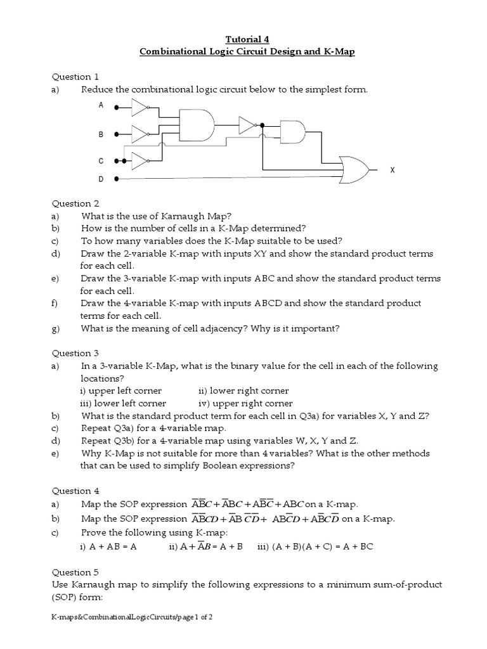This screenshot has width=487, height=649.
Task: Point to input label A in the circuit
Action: pyautogui.click(x=101, y=106)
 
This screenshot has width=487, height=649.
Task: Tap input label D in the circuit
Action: pyautogui.click(x=101, y=179)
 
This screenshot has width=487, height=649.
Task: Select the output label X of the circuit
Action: pyautogui.click(x=392, y=170)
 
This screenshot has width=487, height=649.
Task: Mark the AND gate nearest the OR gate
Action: pyautogui.click(x=292, y=133)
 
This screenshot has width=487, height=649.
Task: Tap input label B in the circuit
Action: pyautogui.click(x=101, y=135)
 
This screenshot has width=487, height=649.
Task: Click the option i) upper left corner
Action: pyautogui.click(x=120, y=390)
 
